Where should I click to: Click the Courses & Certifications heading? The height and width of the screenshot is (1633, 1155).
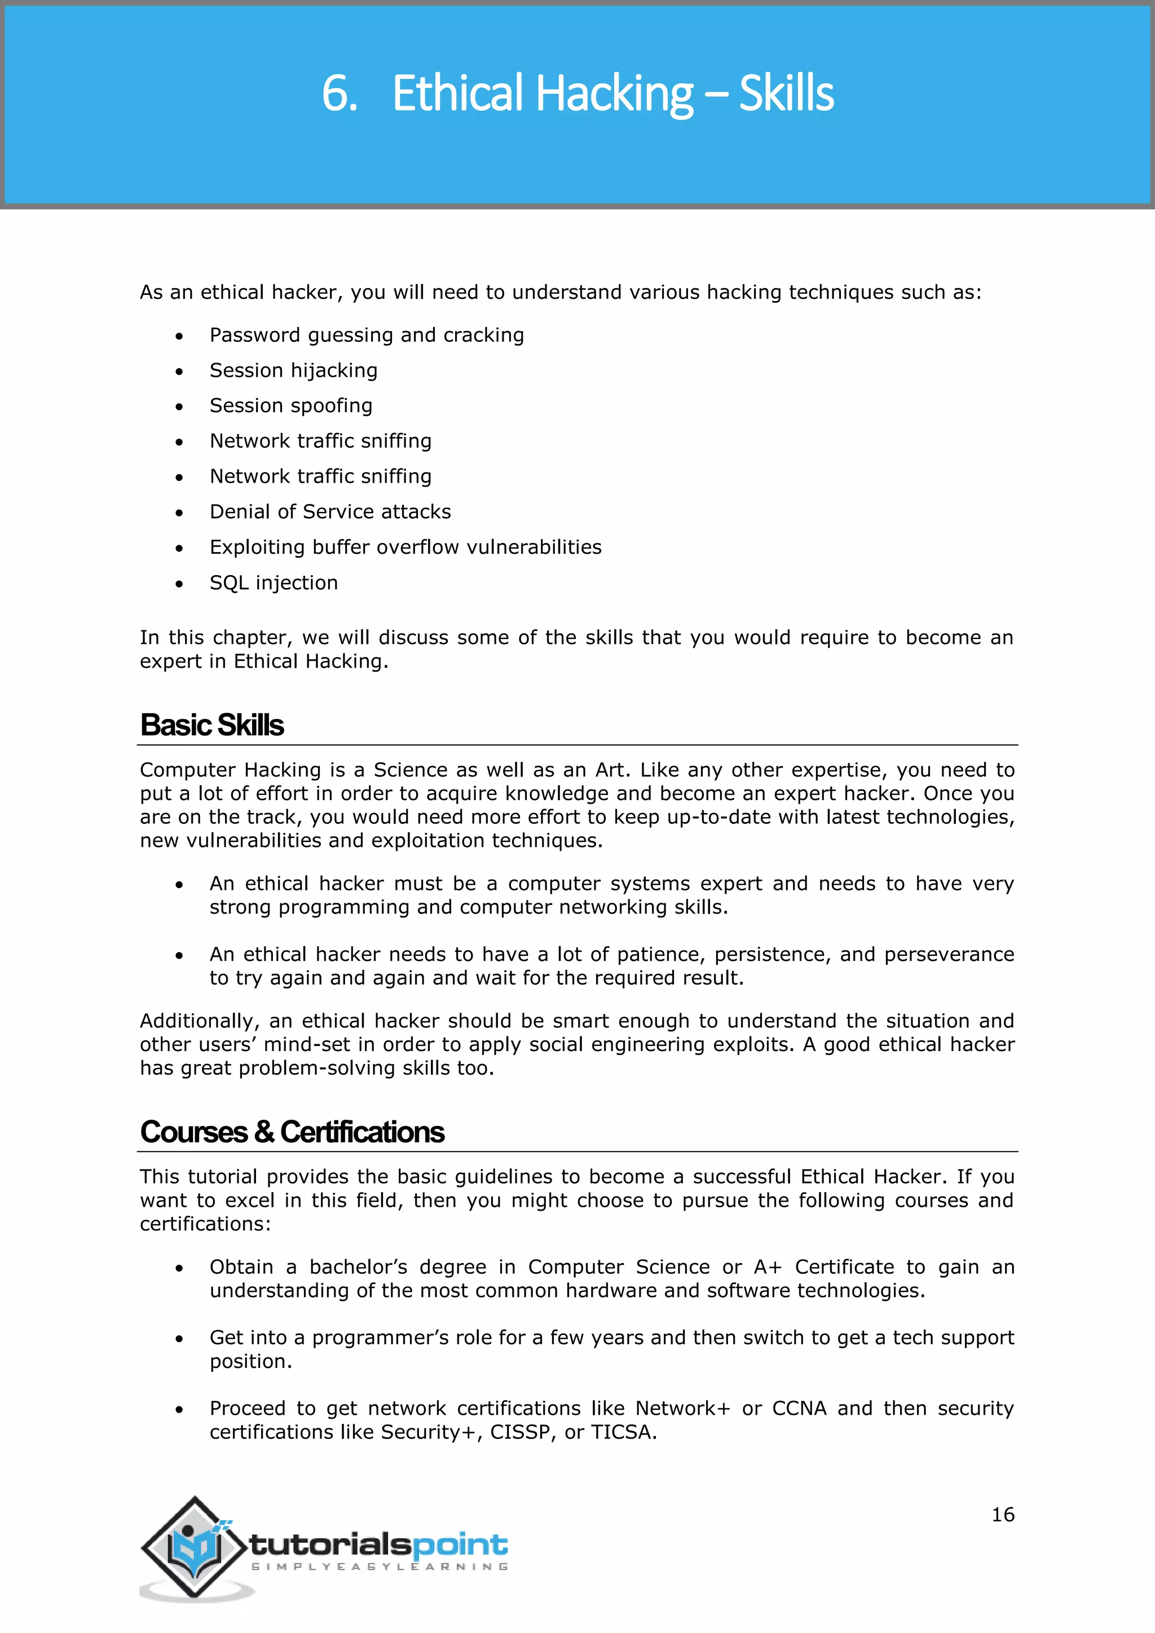coord(292,1132)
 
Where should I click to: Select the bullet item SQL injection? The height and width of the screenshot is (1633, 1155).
coord(274,582)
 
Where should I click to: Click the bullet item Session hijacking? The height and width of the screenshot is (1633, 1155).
coord(293,370)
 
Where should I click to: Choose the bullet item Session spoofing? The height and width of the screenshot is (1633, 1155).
coord(291,405)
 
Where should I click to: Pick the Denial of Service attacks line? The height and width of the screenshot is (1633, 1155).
coord(330,511)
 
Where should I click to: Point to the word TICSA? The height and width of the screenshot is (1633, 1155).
coord(621,1432)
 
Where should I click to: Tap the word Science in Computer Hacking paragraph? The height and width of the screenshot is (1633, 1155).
coord(411,770)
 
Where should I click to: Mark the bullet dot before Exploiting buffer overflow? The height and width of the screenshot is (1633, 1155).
coord(179,548)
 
